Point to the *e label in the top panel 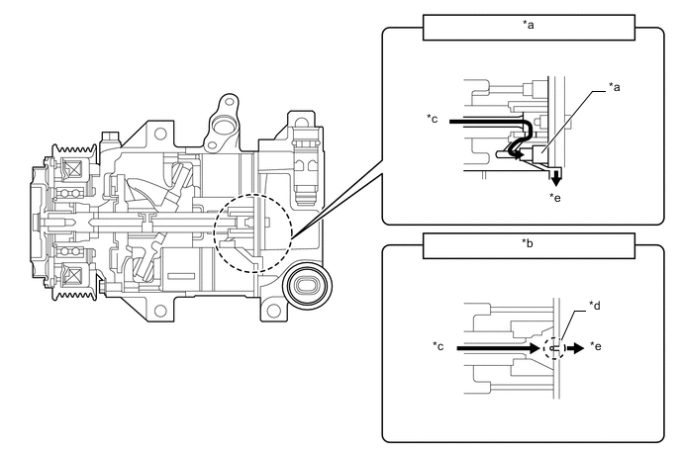[x=557, y=197]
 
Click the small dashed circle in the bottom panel [x=555, y=348]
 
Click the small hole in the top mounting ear [x=228, y=102]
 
